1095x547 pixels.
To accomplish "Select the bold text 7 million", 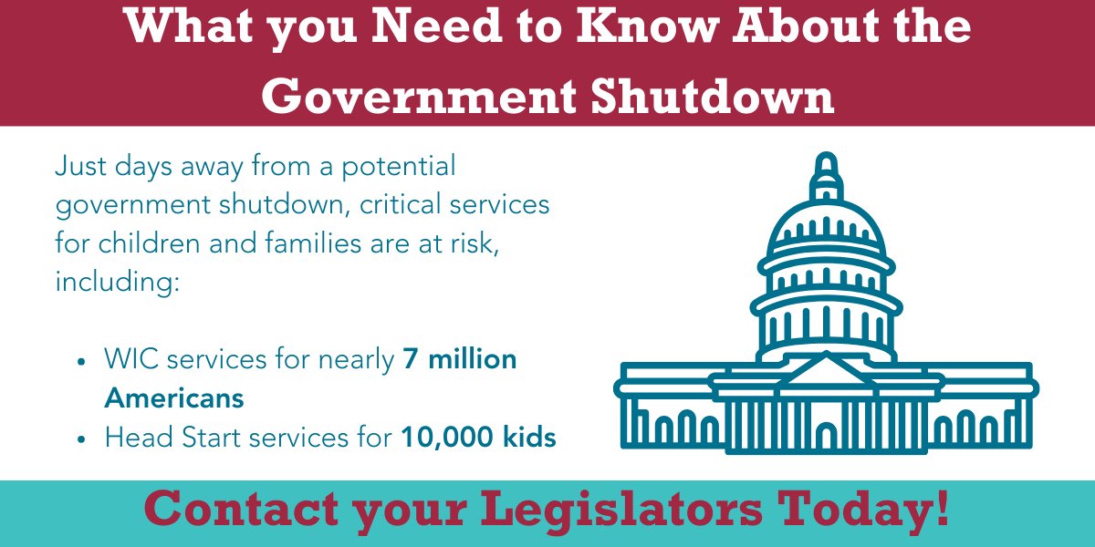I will pos(460,359).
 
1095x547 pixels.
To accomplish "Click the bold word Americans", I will pos(174,398).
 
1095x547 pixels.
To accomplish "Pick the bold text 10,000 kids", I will pos(478,438).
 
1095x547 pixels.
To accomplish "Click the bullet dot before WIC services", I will pos(82,361).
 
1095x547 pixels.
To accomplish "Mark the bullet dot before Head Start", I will pos(82,439).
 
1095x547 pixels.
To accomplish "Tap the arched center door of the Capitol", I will pos(826,435).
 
